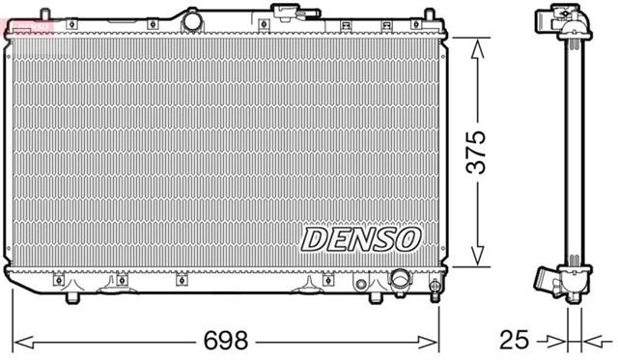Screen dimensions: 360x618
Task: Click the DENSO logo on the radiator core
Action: (x=361, y=236)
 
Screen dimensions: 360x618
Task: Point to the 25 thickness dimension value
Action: (x=515, y=341)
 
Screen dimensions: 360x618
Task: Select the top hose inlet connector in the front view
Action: (x=286, y=13)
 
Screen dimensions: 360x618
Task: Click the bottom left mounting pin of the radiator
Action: (x=70, y=298)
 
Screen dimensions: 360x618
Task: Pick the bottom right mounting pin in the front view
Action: (x=435, y=292)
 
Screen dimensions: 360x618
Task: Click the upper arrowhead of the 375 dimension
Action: (x=476, y=48)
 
